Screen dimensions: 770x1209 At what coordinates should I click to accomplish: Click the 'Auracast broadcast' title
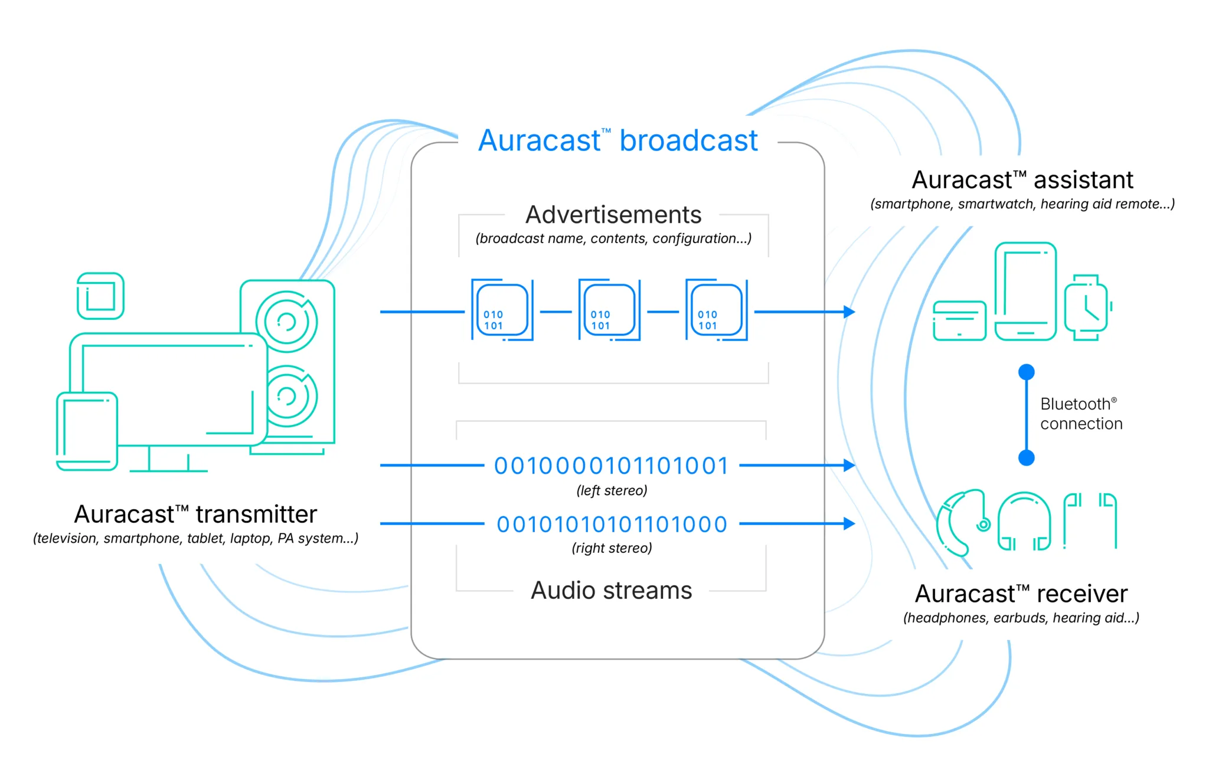click(x=617, y=141)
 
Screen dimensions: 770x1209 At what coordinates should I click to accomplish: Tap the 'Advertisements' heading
click(x=613, y=215)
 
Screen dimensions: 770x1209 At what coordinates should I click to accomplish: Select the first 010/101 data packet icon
click(x=502, y=310)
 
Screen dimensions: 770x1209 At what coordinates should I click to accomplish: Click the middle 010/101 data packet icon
click(x=609, y=310)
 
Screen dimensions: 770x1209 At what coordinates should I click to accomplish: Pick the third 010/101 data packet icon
click(x=716, y=310)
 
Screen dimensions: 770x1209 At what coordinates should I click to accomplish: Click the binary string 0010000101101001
click(x=612, y=466)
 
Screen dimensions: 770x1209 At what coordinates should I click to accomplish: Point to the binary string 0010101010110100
click(x=612, y=524)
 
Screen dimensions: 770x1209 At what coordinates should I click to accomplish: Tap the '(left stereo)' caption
click(x=612, y=490)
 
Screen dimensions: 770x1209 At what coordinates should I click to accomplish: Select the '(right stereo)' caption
click(x=612, y=548)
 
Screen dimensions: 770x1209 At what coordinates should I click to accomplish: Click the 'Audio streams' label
click(x=611, y=591)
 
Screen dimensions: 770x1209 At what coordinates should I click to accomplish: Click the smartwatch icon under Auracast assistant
click(x=1087, y=307)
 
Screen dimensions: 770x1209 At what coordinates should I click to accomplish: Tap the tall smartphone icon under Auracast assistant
click(x=1025, y=291)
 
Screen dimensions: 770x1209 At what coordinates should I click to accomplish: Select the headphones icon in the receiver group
click(x=1024, y=522)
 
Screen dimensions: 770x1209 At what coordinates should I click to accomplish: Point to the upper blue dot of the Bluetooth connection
click(x=1027, y=372)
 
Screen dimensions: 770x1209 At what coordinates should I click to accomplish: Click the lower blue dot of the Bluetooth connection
click(x=1027, y=457)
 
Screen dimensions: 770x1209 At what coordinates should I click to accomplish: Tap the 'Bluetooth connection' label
click(x=1080, y=414)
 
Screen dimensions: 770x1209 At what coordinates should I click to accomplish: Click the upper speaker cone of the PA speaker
click(x=287, y=322)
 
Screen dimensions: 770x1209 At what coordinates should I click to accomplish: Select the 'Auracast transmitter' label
click(x=195, y=515)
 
